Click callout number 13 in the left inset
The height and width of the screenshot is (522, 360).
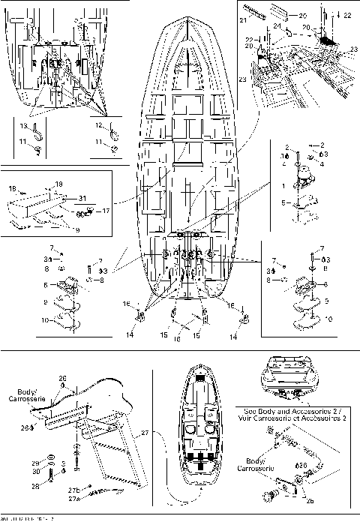coord(22,125)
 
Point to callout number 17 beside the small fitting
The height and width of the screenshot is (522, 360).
coord(106,211)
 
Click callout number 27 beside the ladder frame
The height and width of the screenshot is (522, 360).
coord(145,433)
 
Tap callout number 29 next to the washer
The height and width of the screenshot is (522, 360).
coord(36,463)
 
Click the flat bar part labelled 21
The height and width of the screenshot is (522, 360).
coord(257,13)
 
